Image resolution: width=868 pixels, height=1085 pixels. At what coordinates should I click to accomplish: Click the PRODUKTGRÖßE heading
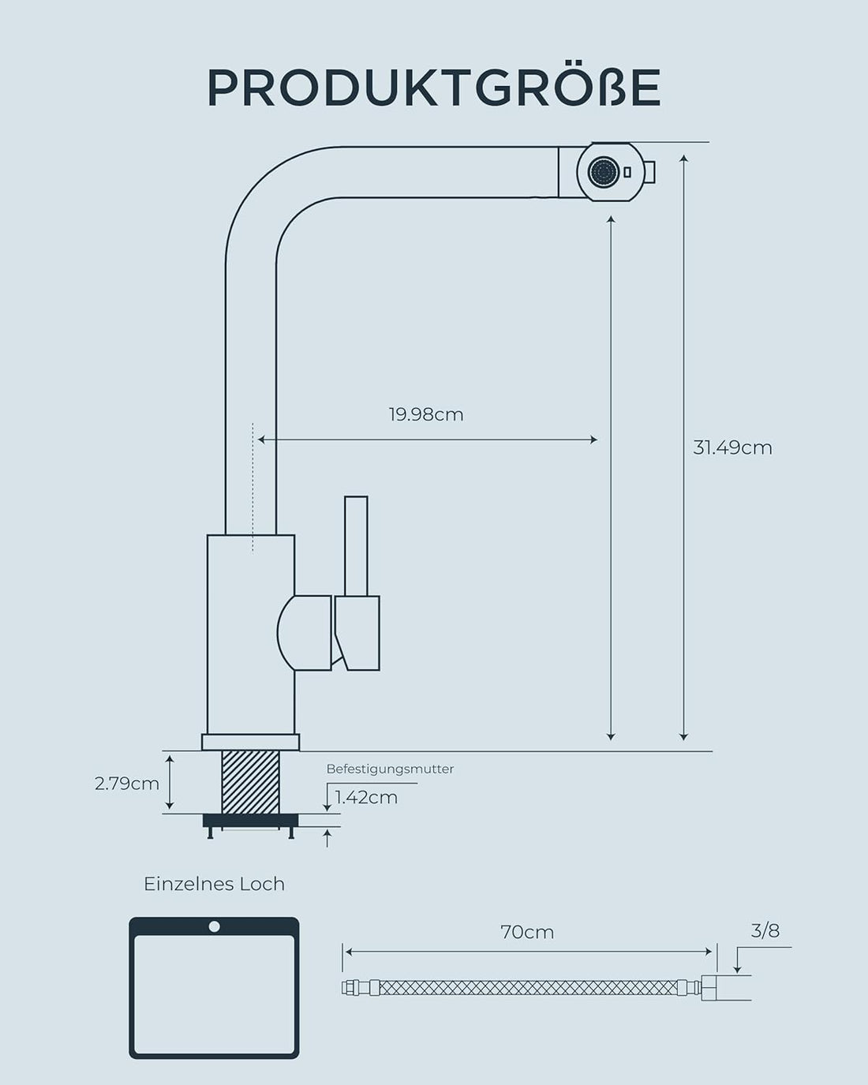[x=433, y=88]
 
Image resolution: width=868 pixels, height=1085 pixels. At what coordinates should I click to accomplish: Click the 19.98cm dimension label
[x=425, y=414]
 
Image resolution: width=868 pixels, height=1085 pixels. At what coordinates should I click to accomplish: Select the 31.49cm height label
[x=732, y=447]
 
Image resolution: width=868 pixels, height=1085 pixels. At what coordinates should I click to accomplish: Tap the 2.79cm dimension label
[x=126, y=784]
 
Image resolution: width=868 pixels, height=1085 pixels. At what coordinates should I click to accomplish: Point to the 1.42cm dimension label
[x=366, y=797]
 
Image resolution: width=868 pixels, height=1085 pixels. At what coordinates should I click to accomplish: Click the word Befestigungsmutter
[x=390, y=769]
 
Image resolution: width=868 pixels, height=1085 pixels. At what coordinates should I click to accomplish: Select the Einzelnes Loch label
[x=214, y=884]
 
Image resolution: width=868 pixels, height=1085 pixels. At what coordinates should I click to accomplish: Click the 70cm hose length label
[x=527, y=932]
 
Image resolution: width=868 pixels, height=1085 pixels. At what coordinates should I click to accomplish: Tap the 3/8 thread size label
[x=765, y=931]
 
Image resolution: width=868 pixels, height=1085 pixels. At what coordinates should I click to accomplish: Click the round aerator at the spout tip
[x=604, y=172]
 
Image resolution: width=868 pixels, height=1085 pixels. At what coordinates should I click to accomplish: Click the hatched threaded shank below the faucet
[x=251, y=781]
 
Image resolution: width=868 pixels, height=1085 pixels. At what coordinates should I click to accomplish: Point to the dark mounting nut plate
[x=250, y=821]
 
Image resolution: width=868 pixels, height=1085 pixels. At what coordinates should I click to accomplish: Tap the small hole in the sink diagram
[x=214, y=926]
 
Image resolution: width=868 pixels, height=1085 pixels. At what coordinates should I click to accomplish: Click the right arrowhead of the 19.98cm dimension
[x=593, y=440]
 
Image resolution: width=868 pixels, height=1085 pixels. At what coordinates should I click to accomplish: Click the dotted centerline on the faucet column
[x=253, y=489]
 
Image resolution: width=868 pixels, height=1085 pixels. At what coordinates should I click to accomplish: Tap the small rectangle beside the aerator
[x=627, y=172]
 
